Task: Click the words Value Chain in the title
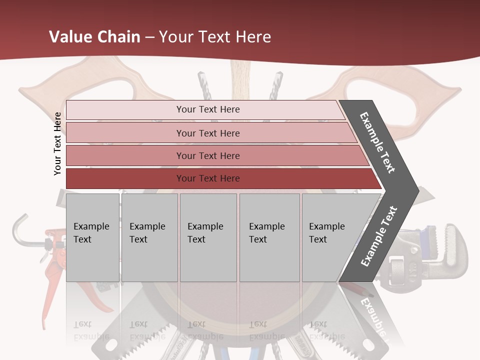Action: pyautogui.click(x=94, y=37)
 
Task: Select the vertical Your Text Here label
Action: pyautogui.click(x=57, y=143)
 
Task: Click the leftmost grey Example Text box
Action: pyautogui.click(x=92, y=237)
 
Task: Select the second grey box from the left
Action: pyautogui.click(x=149, y=237)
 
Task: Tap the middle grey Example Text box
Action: pyautogui.click(x=208, y=237)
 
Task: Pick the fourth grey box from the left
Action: pyautogui.click(x=269, y=237)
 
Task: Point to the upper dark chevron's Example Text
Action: pyautogui.click(x=378, y=142)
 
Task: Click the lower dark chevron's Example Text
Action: pyautogui.click(x=379, y=236)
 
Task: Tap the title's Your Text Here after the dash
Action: pyautogui.click(x=215, y=37)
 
